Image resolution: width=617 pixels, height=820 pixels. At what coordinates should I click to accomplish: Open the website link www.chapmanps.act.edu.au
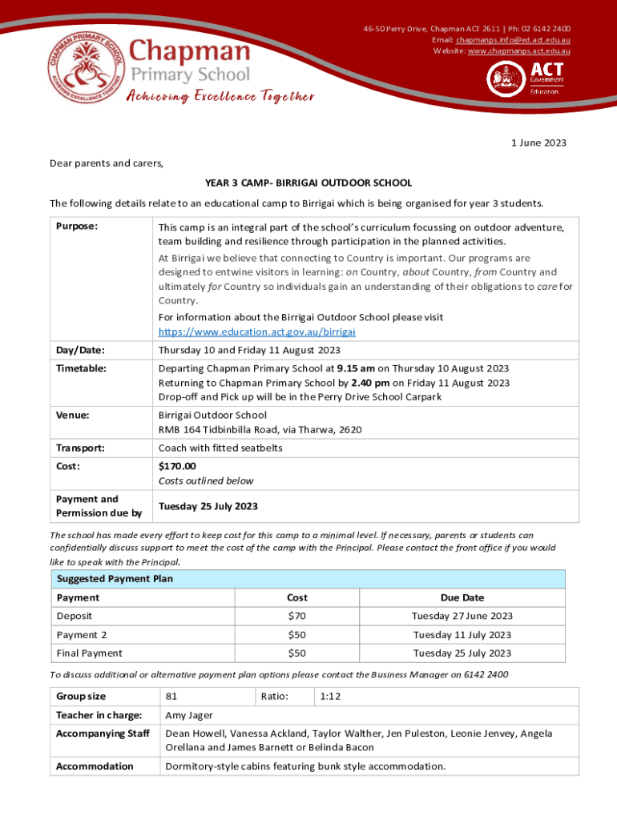518,51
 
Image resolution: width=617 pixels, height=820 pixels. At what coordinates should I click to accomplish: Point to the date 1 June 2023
539,143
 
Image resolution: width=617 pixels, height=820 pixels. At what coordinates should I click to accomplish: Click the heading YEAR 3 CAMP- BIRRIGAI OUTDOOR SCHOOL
308,183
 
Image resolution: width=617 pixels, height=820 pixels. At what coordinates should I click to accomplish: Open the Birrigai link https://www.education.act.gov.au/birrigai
256,332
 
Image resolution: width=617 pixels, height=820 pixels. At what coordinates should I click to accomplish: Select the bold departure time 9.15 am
353,368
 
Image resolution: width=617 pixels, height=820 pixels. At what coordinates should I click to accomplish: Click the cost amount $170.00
176,466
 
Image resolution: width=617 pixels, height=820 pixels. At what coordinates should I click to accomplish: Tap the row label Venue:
72,416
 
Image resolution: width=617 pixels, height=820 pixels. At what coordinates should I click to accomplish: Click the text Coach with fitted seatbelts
220,448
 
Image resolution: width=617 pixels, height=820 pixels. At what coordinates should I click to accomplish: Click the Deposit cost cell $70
296,616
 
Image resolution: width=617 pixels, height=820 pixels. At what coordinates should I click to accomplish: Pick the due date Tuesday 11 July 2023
462,635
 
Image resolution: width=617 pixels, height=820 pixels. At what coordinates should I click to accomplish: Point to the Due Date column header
462,597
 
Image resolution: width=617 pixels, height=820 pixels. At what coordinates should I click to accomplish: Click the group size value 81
171,696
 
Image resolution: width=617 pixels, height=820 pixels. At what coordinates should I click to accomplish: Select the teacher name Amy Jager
189,715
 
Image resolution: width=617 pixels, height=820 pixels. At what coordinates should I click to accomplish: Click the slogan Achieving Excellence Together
220,97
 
